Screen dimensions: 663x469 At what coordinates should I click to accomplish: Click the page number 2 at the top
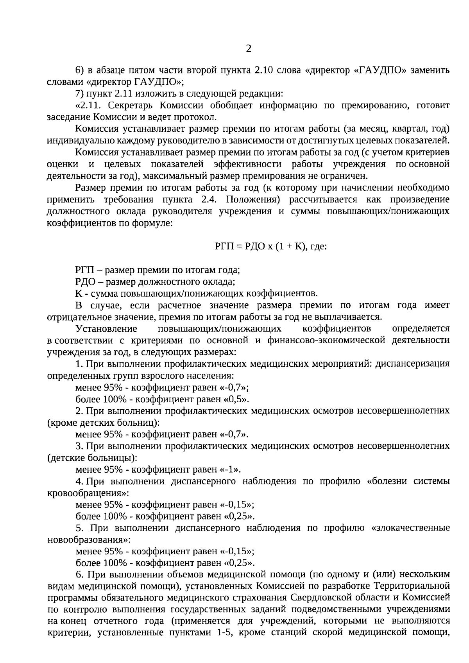click(x=249, y=49)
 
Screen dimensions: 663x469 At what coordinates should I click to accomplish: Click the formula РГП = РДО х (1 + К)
click(x=270, y=247)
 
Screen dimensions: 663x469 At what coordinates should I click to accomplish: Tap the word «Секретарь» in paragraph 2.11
click(x=130, y=106)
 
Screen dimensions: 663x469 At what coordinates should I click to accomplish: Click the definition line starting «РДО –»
click(x=155, y=282)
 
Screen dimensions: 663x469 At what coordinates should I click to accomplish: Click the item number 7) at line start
click(x=80, y=94)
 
